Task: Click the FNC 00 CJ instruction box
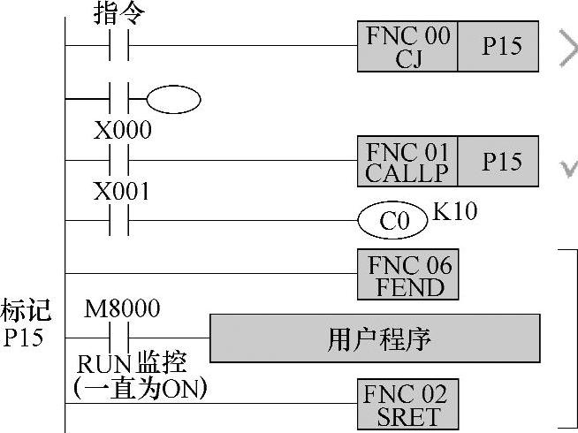[407, 46]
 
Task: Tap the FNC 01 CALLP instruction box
[407, 162]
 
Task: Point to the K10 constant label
[454, 213]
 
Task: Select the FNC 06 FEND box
[407, 275]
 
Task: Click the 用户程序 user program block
[375, 338]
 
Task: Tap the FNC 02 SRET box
[407, 406]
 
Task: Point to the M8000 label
[122, 308]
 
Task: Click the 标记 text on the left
[27, 310]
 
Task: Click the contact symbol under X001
[120, 220]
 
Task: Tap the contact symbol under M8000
[120, 338]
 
